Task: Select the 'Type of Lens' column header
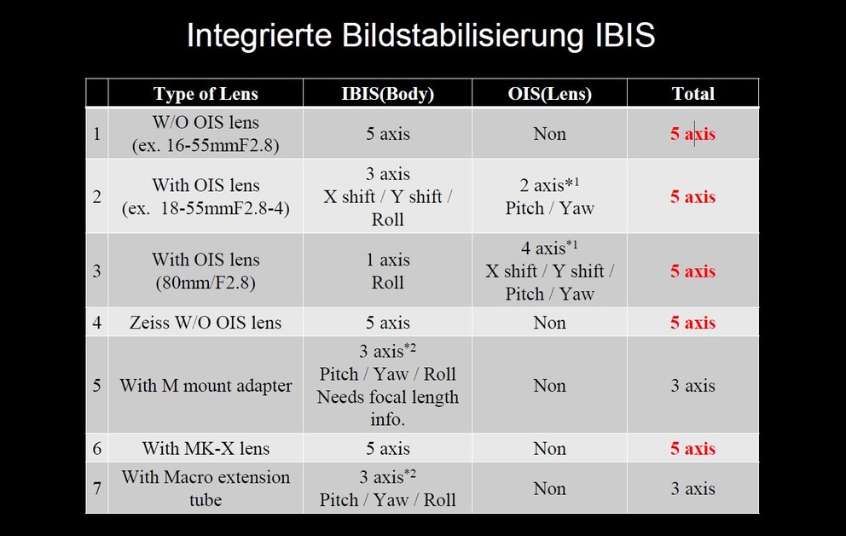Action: point(206,94)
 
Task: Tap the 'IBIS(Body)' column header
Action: point(387,94)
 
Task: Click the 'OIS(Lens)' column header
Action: point(549,94)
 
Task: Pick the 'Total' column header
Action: point(692,94)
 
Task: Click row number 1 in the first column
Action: point(96,133)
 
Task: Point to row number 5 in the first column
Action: point(96,386)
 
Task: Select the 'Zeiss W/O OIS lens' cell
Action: point(206,323)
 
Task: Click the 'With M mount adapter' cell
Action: point(206,386)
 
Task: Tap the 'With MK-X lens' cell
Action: point(206,449)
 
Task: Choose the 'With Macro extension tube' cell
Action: point(206,488)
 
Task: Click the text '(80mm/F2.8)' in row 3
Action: point(206,283)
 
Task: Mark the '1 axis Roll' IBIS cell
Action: point(387,271)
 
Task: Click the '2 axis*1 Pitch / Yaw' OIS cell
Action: point(549,196)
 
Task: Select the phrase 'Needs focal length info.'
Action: point(387,408)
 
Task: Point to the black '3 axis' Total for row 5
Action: point(692,386)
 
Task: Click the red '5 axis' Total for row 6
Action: point(692,449)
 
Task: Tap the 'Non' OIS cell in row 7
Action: point(549,488)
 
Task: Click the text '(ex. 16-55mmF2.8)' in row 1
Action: point(206,145)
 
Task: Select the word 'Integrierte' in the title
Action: point(259,36)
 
